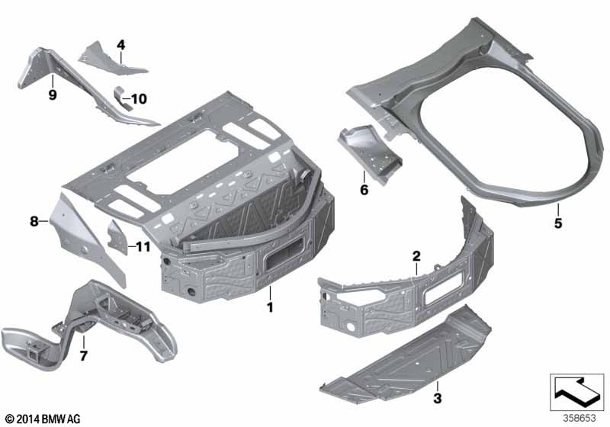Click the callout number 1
coord(270,307)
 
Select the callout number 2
coord(416,256)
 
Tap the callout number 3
coord(438,399)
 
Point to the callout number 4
coord(121,45)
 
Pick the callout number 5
coord(558,223)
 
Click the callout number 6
coord(364,190)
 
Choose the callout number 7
coord(84,355)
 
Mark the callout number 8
coord(34,222)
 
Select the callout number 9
coord(53,95)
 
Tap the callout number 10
coord(139,99)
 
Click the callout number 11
coord(143,246)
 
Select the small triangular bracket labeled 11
coord(118,238)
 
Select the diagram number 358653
coord(579,419)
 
